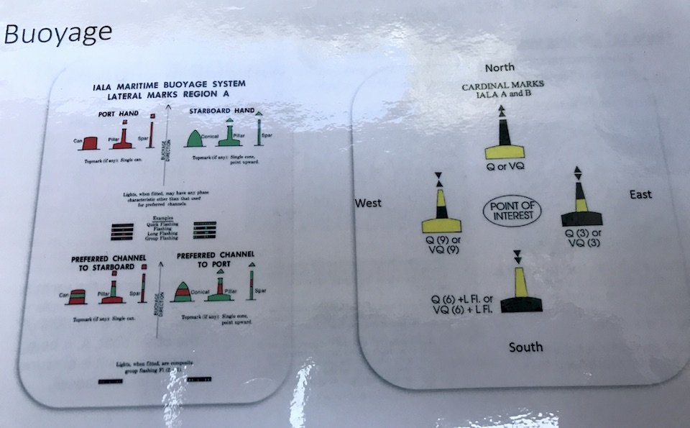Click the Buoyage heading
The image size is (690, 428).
57,32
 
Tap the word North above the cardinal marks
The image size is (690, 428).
500,68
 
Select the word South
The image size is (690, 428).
526,347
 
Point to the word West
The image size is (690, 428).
368,204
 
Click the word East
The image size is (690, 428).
640,194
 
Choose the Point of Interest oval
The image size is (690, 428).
511,211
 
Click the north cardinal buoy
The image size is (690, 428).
505,137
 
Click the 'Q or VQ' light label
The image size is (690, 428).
503,167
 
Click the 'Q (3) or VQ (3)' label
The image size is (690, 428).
584,238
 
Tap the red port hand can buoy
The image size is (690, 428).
89,143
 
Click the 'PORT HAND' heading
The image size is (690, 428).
119,114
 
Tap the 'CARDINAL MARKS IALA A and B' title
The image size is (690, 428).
502,89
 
